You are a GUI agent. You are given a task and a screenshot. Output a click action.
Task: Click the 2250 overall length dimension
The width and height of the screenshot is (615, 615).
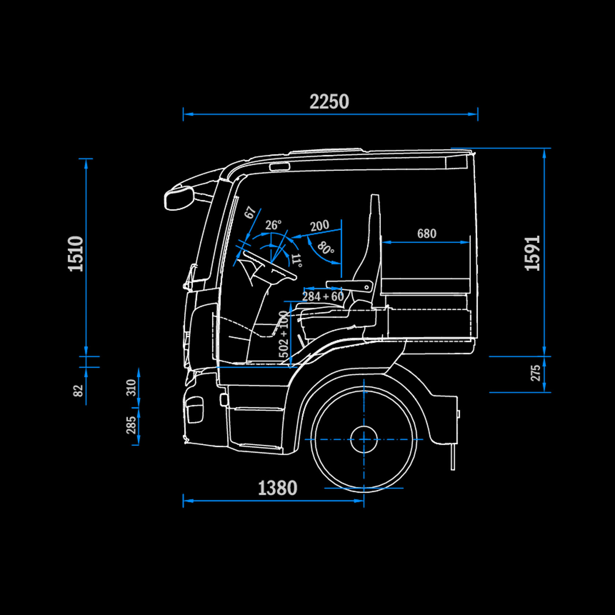pyautogui.click(x=329, y=102)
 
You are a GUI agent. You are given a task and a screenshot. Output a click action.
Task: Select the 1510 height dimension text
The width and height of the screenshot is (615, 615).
pyautogui.click(x=76, y=254)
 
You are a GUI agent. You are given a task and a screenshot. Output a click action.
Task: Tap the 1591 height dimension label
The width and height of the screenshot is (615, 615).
pyautogui.click(x=533, y=253)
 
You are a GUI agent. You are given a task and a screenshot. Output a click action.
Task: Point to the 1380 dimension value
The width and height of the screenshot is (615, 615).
pyautogui.click(x=277, y=488)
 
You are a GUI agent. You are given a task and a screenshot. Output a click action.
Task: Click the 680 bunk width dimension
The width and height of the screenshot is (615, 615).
pyautogui.click(x=426, y=234)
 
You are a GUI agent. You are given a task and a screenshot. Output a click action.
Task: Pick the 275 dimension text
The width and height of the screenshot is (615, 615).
pyautogui.click(x=536, y=373)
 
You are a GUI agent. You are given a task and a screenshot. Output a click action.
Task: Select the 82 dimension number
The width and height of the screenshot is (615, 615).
pyautogui.click(x=78, y=390)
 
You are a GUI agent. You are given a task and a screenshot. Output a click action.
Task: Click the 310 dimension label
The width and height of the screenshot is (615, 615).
pyautogui.click(x=131, y=387)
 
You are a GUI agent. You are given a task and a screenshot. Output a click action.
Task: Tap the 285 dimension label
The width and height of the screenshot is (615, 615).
pyautogui.click(x=131, y=425)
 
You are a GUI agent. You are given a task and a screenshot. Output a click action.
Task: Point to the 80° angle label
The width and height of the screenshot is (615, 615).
pyautogui.click(x=325, y=248)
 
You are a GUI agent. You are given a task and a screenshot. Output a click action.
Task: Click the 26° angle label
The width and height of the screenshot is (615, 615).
pyautogui.click(x=273, y=225)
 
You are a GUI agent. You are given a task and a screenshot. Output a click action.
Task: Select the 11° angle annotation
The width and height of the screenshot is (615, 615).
pyautogui.click(x=297, y=260)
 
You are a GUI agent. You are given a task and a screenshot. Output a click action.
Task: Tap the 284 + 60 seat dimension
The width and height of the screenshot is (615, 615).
pyautogui.click(x=323, y=296)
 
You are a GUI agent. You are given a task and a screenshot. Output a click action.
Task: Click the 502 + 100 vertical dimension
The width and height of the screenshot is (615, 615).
pyautogui.click(x=284, y=334)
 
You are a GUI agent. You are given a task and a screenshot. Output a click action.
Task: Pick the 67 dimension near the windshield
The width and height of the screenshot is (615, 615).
pyautogui.click(x=250, y=212)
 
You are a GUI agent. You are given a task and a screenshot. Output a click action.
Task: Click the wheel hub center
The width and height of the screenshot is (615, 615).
pyautogui.click(x=364, y=439)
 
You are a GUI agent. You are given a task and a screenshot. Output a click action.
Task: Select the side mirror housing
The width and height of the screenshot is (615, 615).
pyautogui.click(x=179, y=198)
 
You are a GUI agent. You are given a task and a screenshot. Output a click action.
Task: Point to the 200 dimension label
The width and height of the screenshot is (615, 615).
pyautogui.click(x=320, y=225)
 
